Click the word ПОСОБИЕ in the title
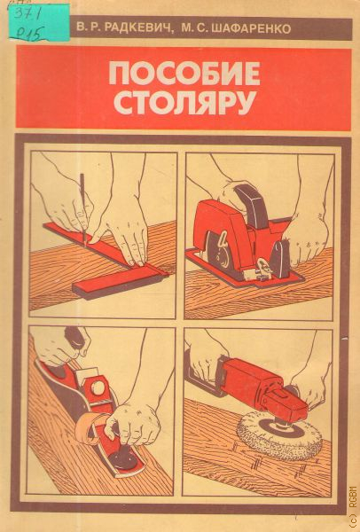click(x=184, y=73)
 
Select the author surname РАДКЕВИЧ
click(x=137, y=27)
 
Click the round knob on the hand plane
click(x=98, y=387)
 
